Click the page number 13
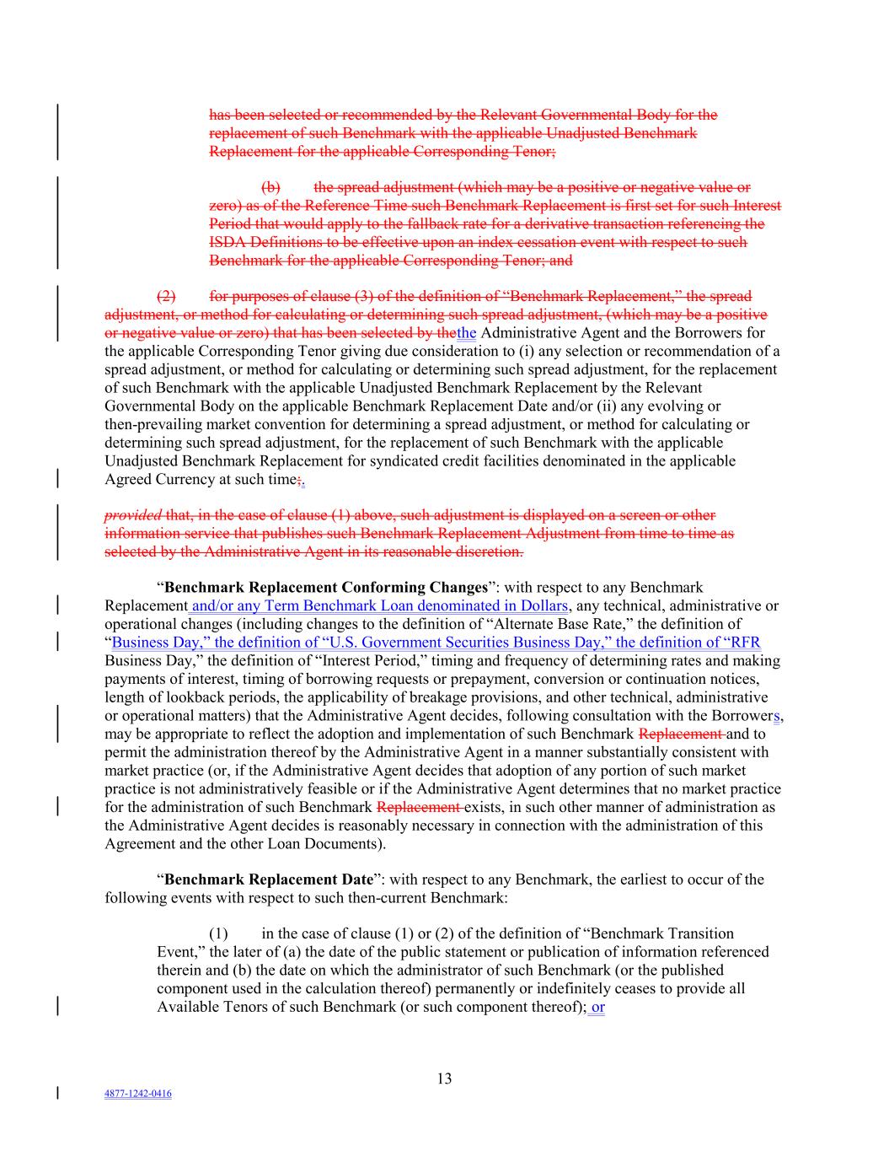[x=444, y=1078]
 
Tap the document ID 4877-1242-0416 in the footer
[x=138, y=1094]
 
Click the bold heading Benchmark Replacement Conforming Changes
[x=326, y=587]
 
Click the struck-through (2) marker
[x=166, y=296]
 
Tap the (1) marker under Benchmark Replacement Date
[x=218, y=933]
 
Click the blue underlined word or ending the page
[x=597, y=1007]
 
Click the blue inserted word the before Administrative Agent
[x=466, y=332]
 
